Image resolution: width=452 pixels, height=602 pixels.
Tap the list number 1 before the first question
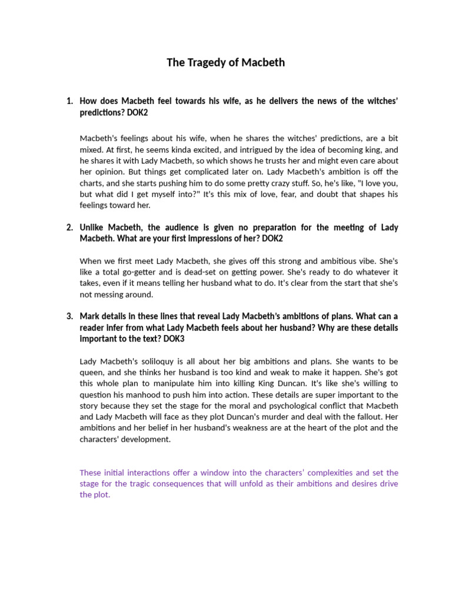click(69, 101)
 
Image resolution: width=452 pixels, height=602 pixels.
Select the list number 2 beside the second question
click(69, 228)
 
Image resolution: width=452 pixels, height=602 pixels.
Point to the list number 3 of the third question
click(69, 316)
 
